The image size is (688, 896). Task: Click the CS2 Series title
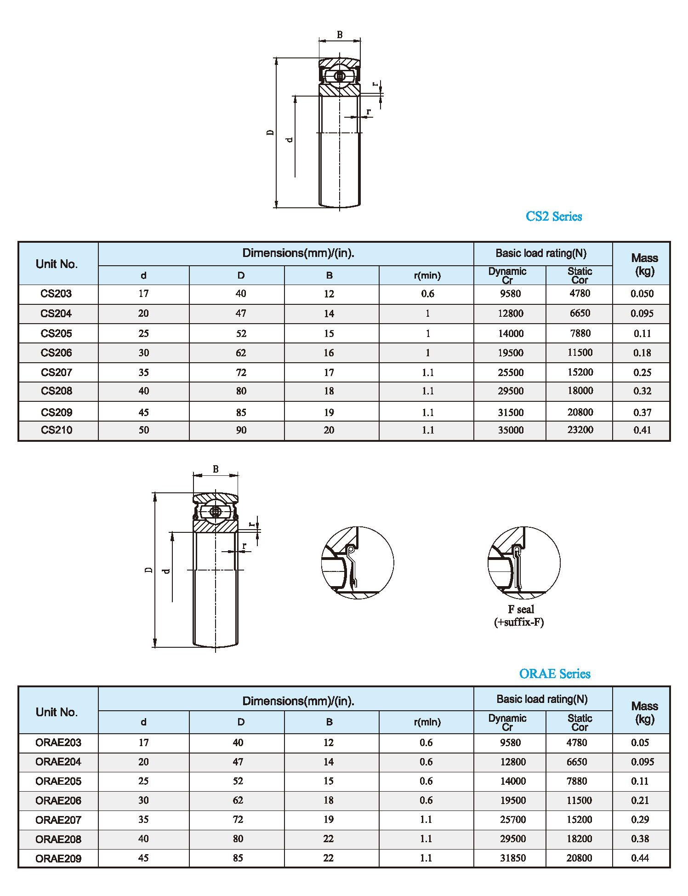553,217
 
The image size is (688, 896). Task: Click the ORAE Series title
554,674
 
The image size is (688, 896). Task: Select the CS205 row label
56,333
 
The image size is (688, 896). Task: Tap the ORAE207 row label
58,820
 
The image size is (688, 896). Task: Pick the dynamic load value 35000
511,430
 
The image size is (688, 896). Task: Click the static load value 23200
580,430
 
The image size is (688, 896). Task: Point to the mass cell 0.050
642,294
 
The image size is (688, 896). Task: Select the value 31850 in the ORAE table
512,858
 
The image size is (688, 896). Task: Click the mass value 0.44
640,858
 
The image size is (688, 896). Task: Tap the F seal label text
521,610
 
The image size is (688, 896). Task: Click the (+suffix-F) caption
519,622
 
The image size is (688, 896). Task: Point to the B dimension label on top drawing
340,34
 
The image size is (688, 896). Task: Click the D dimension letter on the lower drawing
148,570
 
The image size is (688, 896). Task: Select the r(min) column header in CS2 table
427,275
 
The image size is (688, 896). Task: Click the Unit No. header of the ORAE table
57,712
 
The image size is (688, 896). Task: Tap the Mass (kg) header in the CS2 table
644,264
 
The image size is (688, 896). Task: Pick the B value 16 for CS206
329,353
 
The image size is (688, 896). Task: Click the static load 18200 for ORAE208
579,839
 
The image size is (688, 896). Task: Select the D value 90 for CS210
241,430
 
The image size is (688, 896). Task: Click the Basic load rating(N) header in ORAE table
542,699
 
